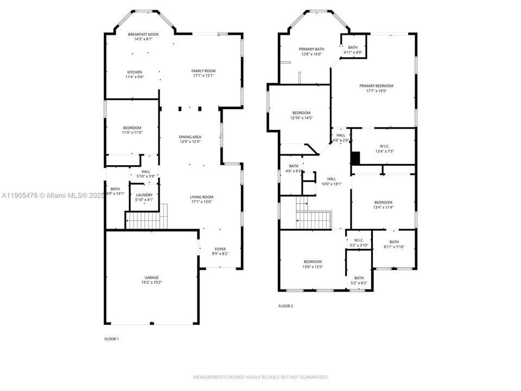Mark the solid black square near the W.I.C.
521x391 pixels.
(355, 157)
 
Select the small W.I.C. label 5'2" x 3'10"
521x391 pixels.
(358, 243)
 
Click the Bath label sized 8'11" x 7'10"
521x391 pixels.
(393, 244)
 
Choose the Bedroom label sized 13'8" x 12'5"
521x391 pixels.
(313, 264)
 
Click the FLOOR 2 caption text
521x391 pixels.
(285, 306)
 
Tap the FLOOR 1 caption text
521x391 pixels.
(111, 339)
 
